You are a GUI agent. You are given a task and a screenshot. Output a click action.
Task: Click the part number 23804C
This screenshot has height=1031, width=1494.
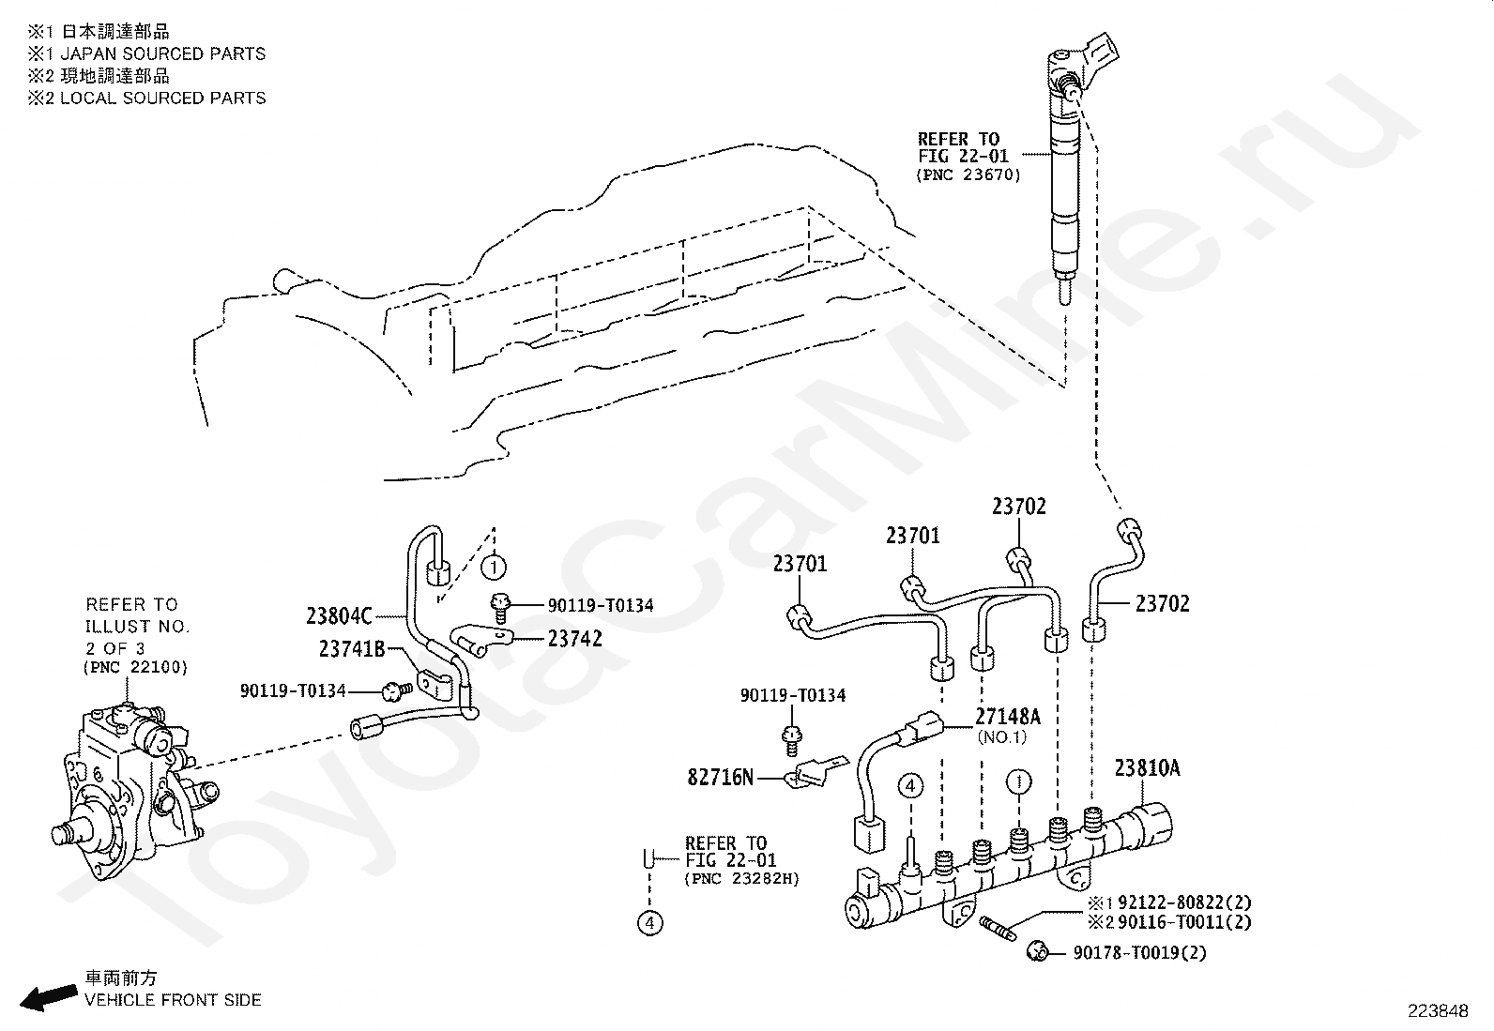339,615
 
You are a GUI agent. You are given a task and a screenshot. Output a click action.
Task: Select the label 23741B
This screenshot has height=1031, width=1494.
352,649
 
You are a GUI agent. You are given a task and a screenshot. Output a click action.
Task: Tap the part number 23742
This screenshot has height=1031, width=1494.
575,639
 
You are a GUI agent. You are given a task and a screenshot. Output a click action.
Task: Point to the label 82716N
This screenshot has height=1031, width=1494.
721,777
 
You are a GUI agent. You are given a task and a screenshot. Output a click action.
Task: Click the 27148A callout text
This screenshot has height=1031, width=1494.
1008,716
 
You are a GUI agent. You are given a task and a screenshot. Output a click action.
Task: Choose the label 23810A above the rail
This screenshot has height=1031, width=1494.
1147,768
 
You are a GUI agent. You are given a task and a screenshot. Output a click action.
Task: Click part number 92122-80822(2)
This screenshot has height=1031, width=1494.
1184,902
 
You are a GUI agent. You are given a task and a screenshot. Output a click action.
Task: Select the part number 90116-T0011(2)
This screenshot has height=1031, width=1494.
1184,922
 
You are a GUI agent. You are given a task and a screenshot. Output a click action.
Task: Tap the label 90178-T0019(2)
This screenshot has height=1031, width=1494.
1140,952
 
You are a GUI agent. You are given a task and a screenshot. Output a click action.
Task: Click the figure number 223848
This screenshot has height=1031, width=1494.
1438,1011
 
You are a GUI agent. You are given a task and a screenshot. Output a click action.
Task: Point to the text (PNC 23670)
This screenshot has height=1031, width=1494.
968,174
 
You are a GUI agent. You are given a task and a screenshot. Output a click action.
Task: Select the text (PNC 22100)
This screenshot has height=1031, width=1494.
135,667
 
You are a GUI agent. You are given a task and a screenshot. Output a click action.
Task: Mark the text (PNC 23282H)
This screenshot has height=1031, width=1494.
741,878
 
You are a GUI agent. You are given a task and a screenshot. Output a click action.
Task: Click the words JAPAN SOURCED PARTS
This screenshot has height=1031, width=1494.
162,53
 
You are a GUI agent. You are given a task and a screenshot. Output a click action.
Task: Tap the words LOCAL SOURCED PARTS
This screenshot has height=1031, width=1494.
162,98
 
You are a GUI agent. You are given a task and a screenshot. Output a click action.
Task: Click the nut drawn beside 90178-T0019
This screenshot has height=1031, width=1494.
1037,951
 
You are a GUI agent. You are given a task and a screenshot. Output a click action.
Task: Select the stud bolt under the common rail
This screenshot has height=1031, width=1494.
998,929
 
